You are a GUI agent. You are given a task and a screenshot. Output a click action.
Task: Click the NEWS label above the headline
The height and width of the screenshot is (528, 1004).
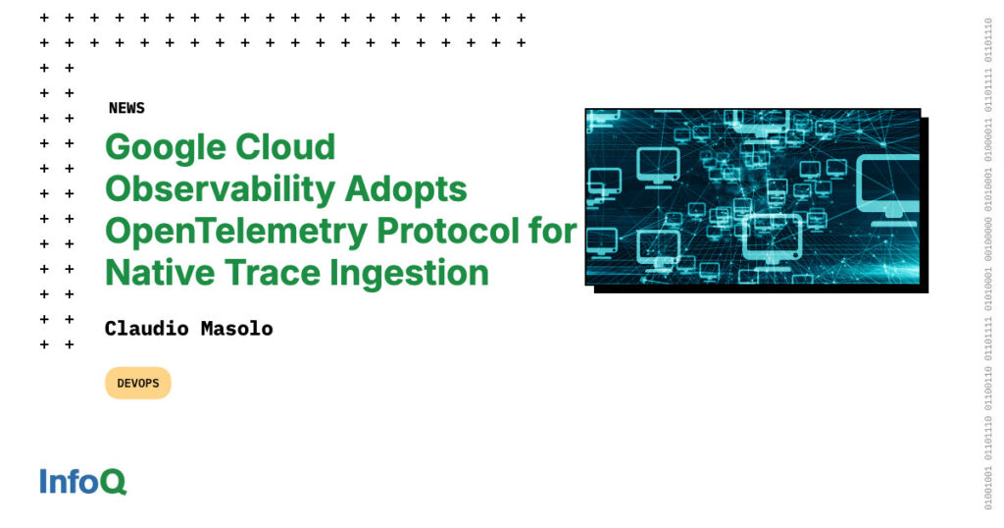coord(126,108)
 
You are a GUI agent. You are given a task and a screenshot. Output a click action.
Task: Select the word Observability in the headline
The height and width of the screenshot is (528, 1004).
coord(213,189)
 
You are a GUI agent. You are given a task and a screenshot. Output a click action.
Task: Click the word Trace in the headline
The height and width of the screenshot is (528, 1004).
coord(266,272)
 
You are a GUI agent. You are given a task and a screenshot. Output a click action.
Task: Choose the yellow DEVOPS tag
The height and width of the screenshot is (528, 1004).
coord(138,383)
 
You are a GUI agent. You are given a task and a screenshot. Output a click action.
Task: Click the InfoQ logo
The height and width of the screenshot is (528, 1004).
coord(83,482)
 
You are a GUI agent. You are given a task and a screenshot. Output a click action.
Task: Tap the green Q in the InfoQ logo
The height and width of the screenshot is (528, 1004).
coord(113,483)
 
